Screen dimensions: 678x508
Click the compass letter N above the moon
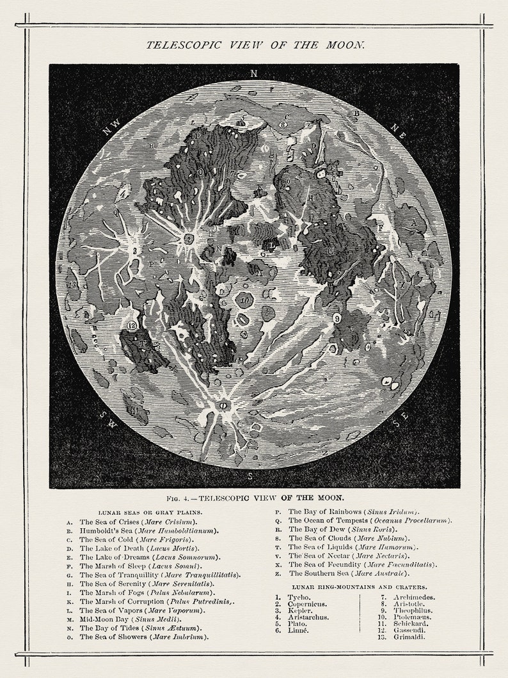tap(253, 74)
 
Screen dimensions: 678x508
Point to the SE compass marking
tap(401, 420)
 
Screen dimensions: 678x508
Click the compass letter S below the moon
tap(250, 476)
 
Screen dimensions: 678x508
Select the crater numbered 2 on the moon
tap(189, 239)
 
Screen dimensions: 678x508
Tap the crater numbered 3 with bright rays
tap(135, 251)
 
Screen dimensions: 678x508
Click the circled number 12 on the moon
tap(132, 325)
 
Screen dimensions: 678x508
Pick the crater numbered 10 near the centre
tap(244, 300)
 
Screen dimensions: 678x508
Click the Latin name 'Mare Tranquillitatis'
tap(201, 575)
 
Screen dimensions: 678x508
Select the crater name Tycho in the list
tap(298, 597)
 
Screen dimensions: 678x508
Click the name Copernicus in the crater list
tap(308, 604)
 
